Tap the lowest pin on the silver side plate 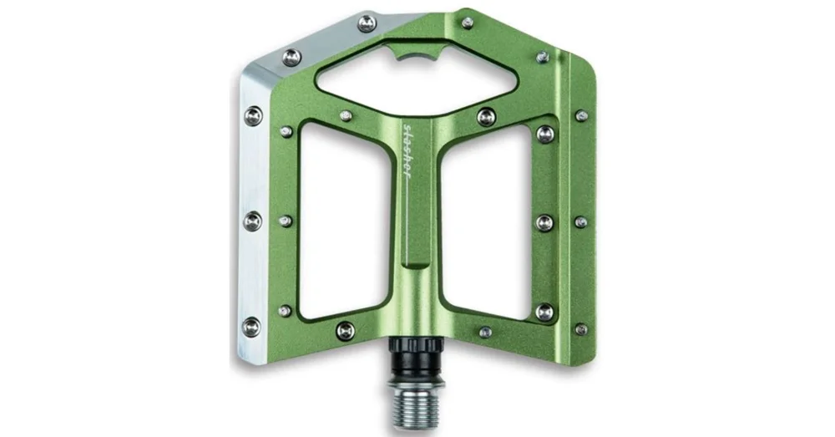pyautogui.click(x=252, y=326)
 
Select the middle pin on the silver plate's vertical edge pyautogui.click(x=252, y=221)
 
